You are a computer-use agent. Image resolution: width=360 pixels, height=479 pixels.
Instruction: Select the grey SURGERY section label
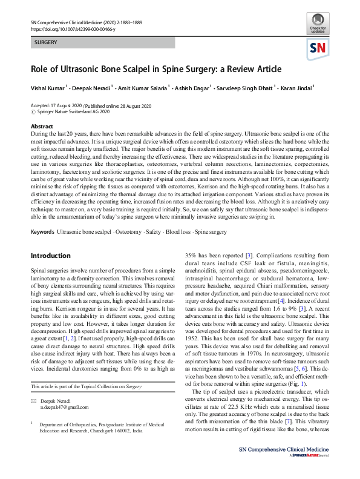(46, 43)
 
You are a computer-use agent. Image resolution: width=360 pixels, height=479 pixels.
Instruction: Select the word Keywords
(42, 233)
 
